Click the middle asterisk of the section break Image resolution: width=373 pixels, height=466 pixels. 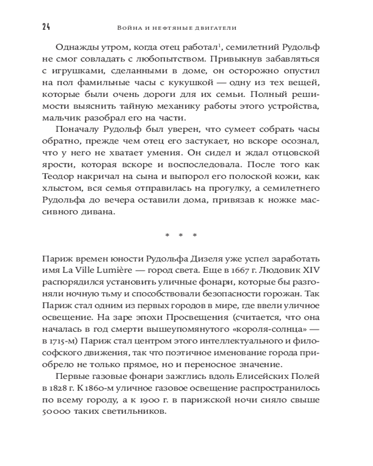point(181,235)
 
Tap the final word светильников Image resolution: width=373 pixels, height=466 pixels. point(136,412)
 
